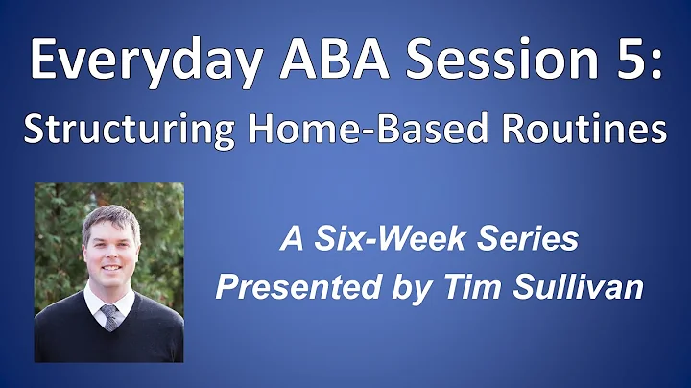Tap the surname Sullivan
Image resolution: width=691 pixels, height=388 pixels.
pos(583,289)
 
